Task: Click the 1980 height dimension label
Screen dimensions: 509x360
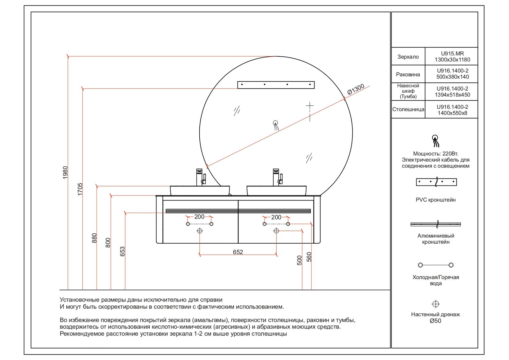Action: (65, 172)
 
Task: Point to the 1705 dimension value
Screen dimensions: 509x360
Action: (80, 189)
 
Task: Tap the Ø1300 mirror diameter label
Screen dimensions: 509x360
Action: (356, 89)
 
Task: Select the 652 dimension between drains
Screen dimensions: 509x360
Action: (238, 252)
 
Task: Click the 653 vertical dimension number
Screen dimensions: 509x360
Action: (122, 252)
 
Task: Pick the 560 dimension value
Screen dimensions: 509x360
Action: (309, 257)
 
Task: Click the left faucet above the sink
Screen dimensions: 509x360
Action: (201, 177)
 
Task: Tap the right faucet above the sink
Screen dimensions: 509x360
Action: (278, 177)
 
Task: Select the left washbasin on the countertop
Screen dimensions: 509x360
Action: (200, 190)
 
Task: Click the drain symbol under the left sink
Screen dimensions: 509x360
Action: (200, 231)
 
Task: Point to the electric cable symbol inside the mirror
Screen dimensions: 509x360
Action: (276, 125)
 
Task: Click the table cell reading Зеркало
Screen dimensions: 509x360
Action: (408, 57)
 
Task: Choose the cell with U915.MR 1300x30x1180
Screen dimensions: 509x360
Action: (452, 57)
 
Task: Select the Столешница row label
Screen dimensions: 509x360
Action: (408, 109)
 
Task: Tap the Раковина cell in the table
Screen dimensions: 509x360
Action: (408, 74)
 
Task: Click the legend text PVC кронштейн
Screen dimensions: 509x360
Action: (436, 200)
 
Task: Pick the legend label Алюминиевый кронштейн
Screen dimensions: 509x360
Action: (436, 239)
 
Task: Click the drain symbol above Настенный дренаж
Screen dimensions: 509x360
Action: (435, 304)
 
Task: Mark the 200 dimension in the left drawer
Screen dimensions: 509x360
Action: (199, 217)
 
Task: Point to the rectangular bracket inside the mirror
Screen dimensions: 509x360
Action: (276, 85)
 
